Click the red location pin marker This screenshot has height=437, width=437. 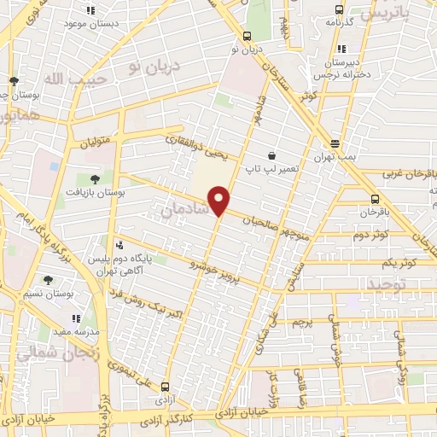[219, 201]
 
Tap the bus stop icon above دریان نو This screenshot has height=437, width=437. [247, 37]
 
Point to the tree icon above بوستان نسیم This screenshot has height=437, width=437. [49, 280]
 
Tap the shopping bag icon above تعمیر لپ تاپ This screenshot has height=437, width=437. [271, 156]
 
